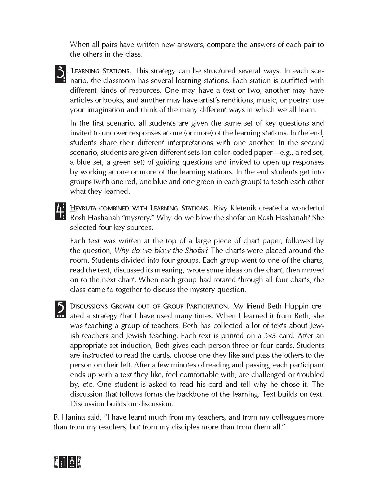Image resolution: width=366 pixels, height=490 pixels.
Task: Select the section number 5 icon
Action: [x=60, y=309]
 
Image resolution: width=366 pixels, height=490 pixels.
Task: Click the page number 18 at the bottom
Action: [x=68, y=462]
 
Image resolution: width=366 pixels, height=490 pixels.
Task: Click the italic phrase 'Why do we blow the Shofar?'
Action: [x=164, y=250]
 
